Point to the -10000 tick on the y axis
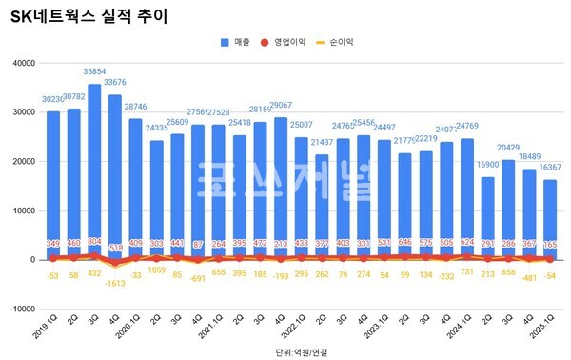[20, 309]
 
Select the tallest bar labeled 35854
[94, 171]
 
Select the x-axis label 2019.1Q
[49, 330]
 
